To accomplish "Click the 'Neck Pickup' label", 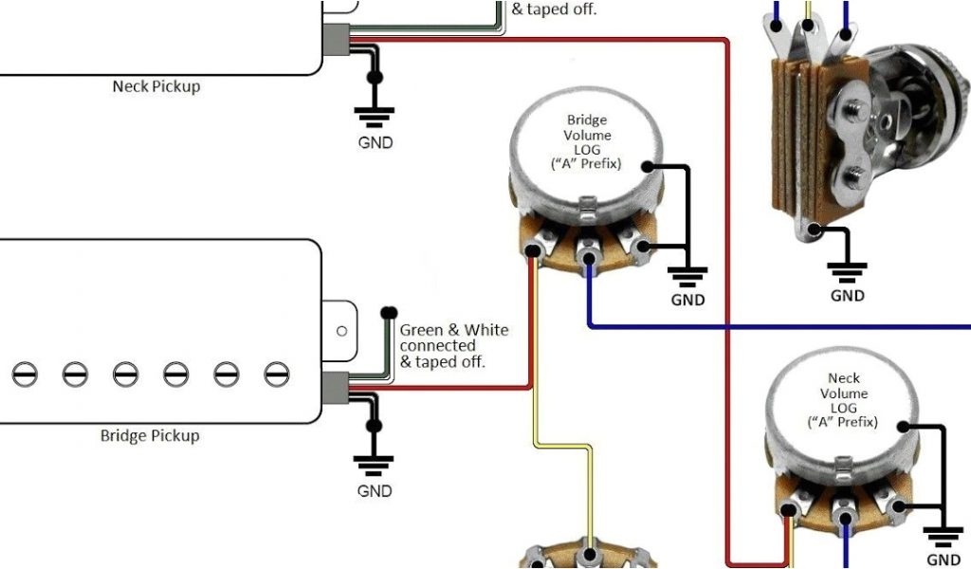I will click(156, 86).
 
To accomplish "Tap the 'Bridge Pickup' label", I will click(150, 436).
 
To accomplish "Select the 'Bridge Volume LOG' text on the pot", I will click(586, 141).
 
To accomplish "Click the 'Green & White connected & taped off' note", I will click(453, 345).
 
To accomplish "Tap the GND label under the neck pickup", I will click(375, 143).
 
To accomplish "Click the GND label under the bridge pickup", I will click(375, 491).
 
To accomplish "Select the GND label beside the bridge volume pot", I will click(687, 300).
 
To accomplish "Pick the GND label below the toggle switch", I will click(848, 295).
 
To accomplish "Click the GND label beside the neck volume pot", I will click(944, 560).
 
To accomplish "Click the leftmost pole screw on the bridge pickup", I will click(26, 374).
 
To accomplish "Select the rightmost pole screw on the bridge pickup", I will click(275, 374).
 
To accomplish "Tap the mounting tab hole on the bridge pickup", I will click(341, 330).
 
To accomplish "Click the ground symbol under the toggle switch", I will click(848, 271).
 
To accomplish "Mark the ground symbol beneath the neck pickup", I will click(375, 117).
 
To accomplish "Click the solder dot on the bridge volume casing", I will click(648, 167).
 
